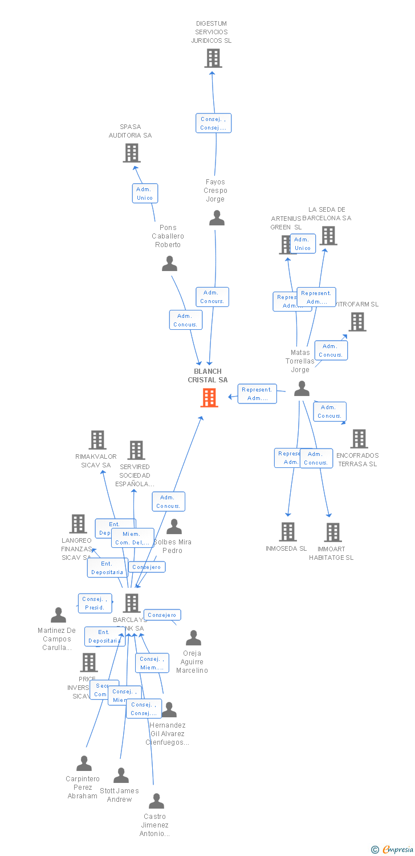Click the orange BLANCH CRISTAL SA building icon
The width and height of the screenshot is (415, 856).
(209, 398)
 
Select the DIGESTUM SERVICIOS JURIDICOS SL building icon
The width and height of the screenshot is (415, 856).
(213, 58)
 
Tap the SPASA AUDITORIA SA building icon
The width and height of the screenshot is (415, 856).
(132, 153)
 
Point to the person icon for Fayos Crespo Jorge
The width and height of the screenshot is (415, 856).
(217, 218)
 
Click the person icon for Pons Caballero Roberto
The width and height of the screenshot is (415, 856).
(169, 264)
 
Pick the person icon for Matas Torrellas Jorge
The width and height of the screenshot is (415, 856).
(302, 389)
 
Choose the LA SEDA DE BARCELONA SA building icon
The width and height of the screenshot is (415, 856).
(328, 236)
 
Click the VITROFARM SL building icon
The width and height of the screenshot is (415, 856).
(357, 322)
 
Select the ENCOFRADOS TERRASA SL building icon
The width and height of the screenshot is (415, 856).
(359, 439)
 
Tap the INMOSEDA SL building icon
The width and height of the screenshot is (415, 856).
(288, 532)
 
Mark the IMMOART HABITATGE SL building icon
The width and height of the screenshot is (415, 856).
(332, 532)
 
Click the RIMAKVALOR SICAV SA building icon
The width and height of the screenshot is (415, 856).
(97, 440)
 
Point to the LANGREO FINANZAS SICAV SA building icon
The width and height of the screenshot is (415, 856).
(78, 523)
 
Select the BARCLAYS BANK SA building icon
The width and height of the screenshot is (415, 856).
(132, 603)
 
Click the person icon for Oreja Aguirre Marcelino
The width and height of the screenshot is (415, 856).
(193, 638)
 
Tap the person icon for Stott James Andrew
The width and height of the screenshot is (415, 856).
(121, 776)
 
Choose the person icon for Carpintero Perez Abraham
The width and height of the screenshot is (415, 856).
(84, 764)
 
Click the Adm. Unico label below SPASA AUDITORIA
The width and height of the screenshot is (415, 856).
(145, 193)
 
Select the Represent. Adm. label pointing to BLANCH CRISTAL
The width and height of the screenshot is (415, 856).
(257, 394)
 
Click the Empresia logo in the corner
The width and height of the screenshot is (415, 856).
(393, 850)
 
